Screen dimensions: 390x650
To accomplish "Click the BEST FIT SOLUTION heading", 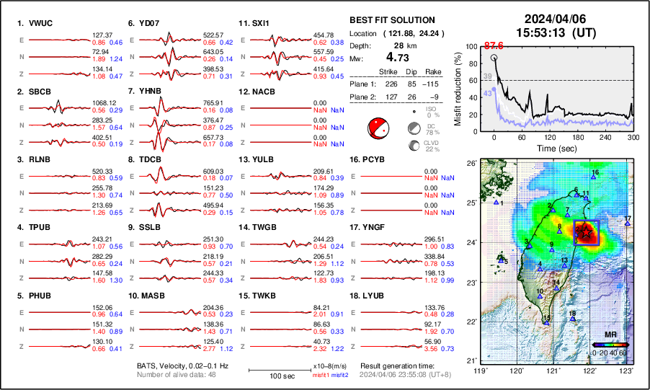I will point(391,20).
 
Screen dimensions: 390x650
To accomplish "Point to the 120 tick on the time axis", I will point(550,137).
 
